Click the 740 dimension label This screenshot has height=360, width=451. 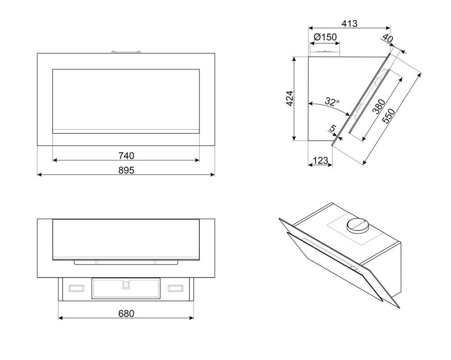coord(126,155)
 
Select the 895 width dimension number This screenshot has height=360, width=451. coord(126,170)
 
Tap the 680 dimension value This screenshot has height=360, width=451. coord(126,313)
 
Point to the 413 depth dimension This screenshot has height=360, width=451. coord(349,23)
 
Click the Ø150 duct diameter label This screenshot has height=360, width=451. coord(325,37)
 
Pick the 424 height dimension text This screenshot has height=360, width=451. coord(290,98)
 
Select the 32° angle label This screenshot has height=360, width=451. coord(332,102)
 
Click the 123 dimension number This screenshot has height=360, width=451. coord(320,160)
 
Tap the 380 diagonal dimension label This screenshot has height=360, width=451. coord(378,106)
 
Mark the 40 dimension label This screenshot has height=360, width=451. coord(388,38)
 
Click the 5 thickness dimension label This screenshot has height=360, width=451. coord(333,128)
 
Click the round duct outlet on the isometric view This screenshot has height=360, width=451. coord(358,224)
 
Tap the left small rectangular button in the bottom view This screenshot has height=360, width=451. coord(76,288)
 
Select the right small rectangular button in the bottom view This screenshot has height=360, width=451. coord(175,288)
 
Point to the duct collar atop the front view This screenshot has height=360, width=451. coord(126,52)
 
